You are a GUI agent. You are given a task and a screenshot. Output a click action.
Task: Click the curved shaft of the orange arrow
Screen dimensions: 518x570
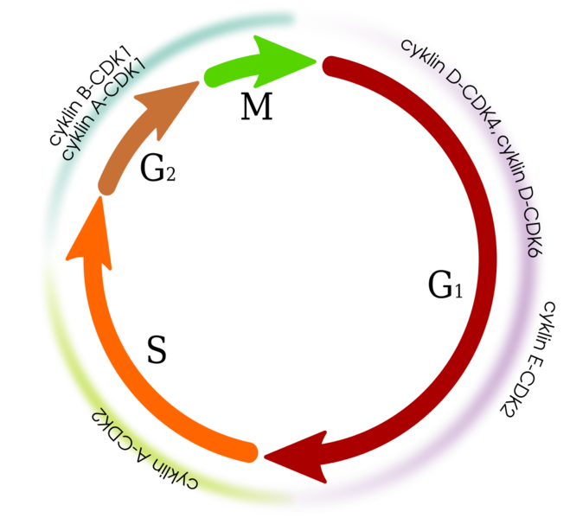(x=112, y=363)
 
